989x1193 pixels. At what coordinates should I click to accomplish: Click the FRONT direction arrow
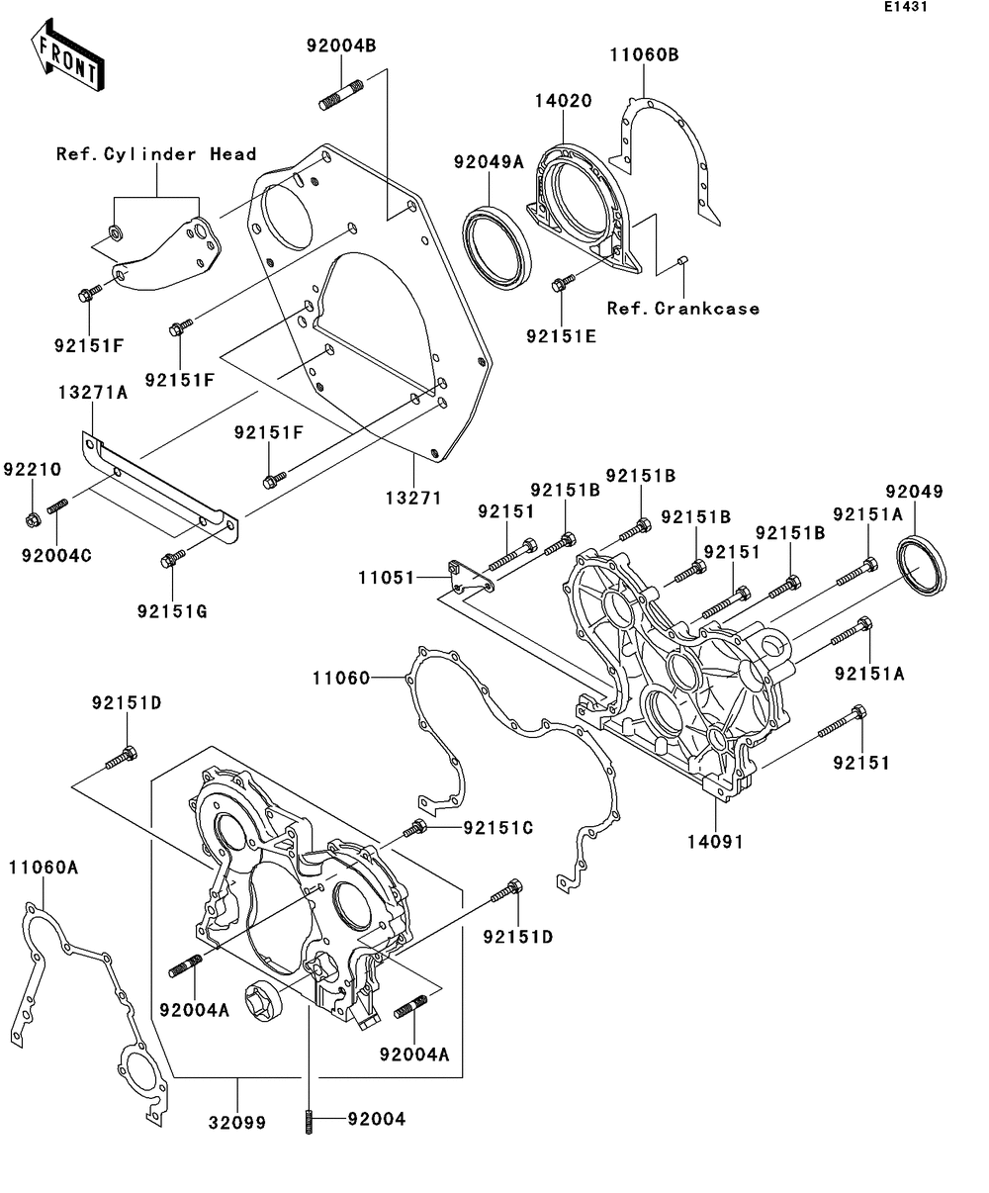click(x=67, y=55)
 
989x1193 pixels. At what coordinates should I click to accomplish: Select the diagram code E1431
click(x=906, y=7)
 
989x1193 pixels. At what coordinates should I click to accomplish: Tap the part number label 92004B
click(x=341, y=46)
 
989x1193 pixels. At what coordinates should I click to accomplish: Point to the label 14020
click(x=564, y=101)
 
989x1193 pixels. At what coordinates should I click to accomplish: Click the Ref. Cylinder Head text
click(x=156, y=154)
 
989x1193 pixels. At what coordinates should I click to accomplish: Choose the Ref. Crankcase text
click(x=683, y=309)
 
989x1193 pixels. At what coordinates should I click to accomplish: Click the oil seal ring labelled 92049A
click(x=496, y=249)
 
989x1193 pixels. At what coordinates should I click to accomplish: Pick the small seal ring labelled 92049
click(x=921, y=566)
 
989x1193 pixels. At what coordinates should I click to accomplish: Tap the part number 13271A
click(x=93, y=393)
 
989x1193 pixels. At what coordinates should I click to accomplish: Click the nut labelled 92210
click(x=33, y=520)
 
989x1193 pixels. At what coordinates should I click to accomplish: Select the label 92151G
click(x=172, y=612)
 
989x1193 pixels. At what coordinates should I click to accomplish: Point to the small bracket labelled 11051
click(x=471, y=577)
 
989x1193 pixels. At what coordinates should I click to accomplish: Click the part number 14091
click(x=715, y=842)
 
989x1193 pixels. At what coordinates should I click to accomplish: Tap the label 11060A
click(x=44, y=868)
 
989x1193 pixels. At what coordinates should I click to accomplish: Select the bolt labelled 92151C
click(x=415, y=829)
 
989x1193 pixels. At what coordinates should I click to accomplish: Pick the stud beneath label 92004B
click(x=341, y=95)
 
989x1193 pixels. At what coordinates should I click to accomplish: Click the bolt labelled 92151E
click(x=564, y=282)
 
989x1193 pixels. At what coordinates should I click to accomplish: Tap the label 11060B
click(x=644, y=55)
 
